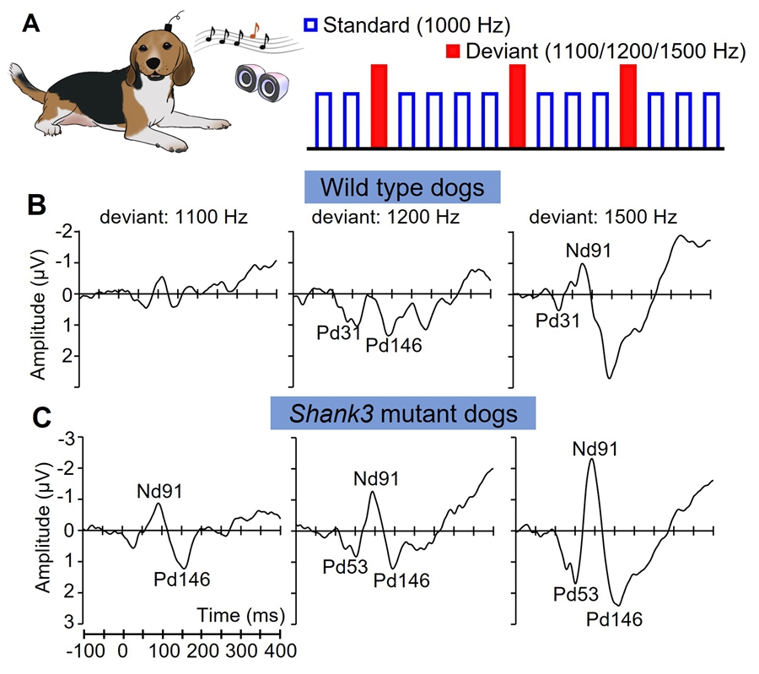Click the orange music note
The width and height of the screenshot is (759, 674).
point(256,31)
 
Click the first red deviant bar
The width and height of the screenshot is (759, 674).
point(379,105)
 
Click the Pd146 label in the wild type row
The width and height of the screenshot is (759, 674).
point(393,344)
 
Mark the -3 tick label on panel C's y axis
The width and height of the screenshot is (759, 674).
point(64,437)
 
